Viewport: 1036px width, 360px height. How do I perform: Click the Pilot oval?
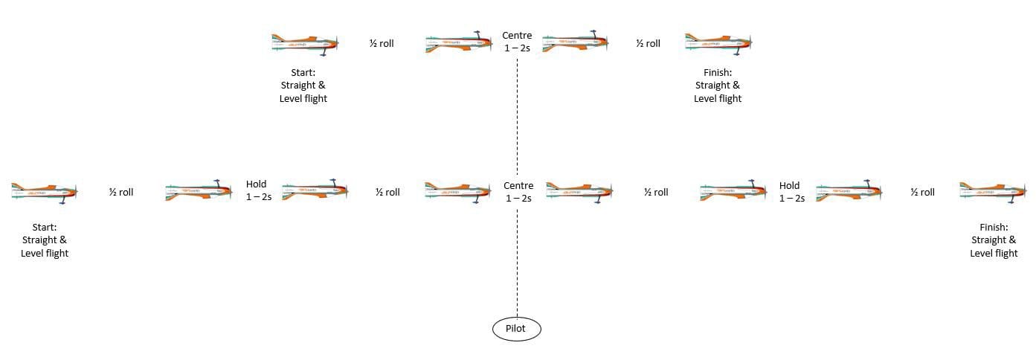point(516,329)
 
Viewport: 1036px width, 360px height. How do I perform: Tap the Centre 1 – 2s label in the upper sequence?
point(517,42)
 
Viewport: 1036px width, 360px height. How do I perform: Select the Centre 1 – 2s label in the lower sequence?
point(518,192)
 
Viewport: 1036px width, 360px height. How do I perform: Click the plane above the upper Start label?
point(305,45)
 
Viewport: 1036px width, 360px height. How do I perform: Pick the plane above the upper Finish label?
point(718,45)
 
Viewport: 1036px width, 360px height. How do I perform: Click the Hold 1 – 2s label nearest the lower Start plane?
point(259,190)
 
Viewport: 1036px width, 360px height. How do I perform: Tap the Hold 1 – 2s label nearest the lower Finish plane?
point(792,192)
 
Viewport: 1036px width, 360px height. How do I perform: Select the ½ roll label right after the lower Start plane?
point(121,192)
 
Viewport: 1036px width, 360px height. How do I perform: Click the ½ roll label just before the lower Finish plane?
point(922,192)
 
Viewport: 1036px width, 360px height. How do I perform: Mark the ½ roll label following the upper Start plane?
point(382,43)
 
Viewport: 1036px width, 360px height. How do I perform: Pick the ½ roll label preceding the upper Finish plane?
point(648,43)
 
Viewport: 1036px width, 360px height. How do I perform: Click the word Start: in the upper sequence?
point(303,73)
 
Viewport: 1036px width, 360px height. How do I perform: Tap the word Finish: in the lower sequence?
point(994,227)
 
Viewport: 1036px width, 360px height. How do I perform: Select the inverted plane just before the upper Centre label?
point(459,42)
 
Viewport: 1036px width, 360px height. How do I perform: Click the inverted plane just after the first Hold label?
point(315,190)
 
